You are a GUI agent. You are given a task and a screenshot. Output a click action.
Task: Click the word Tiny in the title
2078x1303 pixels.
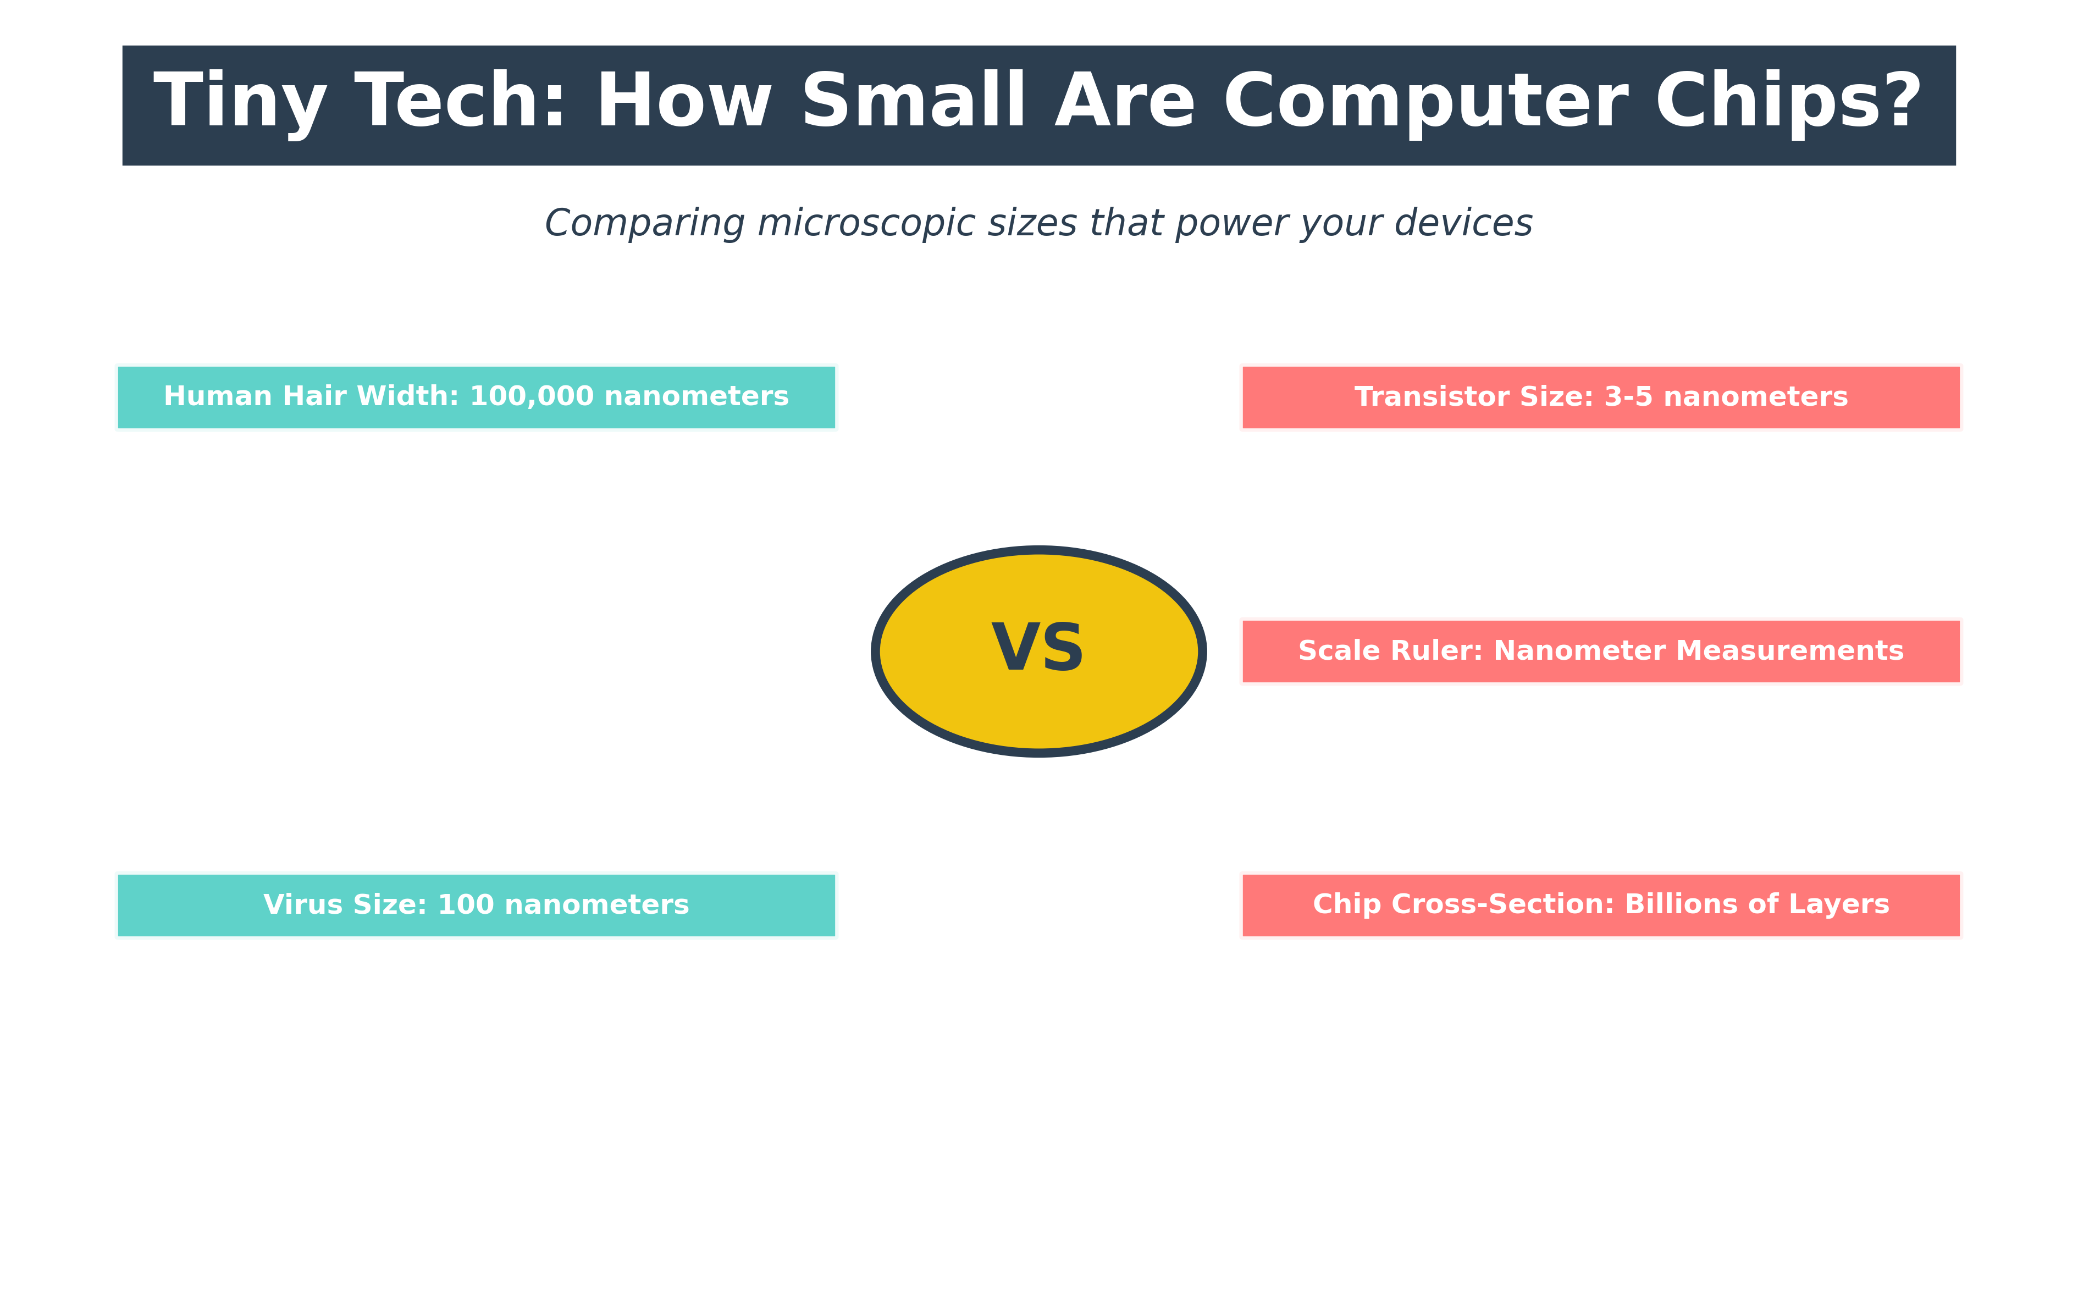tap(240, 102)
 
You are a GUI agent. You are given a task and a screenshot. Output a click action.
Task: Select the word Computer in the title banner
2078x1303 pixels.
tap(1425, 102)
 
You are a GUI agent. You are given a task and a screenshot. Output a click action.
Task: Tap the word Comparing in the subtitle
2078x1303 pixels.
tap(644, 223)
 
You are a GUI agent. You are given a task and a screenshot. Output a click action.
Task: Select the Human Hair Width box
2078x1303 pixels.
tap(477, 397)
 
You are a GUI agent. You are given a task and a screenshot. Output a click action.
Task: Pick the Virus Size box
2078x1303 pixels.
tap(477, 905)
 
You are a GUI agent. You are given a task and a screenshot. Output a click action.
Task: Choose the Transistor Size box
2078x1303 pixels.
tap(1601, 397)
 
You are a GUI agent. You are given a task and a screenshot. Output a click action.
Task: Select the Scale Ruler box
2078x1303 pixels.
tap(1601, 650)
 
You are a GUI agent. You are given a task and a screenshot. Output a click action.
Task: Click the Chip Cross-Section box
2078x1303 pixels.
tap(1601, 905)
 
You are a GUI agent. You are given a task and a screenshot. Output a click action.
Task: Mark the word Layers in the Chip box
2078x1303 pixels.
tap(1844, 905)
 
